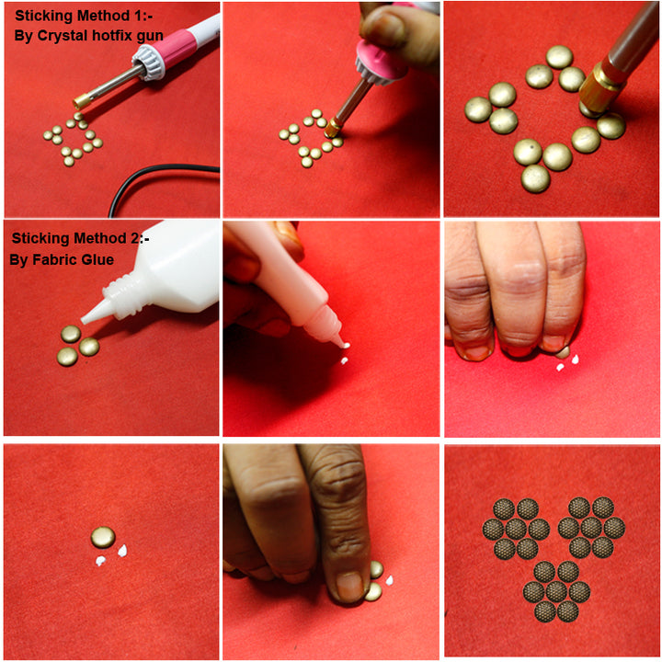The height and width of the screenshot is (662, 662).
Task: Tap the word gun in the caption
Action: (x=150, y=37)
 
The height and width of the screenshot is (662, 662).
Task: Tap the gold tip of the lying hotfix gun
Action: (x=82, y=101)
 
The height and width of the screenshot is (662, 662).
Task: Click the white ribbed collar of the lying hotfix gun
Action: (x=148, y=63)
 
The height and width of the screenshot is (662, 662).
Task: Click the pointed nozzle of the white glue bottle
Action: (x=96, y=313)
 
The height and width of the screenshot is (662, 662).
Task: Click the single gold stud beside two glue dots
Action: (x=103, y=537)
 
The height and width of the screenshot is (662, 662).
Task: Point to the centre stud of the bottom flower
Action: (x=556, y=591)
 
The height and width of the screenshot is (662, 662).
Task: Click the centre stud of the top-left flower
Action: (x=516, y=528)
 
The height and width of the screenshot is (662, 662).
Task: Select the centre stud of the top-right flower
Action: (x=591, y=527)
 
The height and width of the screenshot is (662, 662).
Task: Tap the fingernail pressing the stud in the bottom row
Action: (x=350, y=586)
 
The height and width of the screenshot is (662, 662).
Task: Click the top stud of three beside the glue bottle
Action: (x=71, y=334)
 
